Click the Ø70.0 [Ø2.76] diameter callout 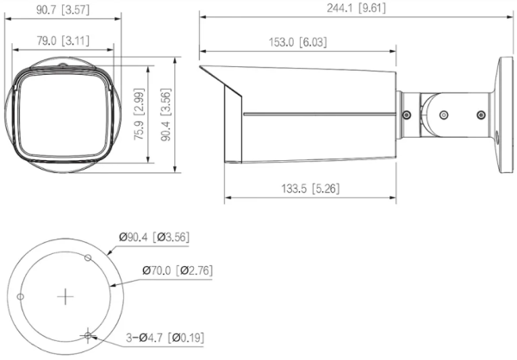point(178,270)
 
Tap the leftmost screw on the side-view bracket point(405,111)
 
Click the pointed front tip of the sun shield point(201,66)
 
